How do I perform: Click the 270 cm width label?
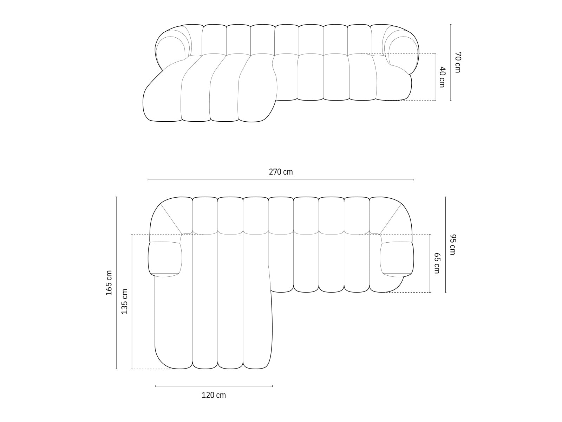[281, 172]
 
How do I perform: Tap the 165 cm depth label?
[109, 283]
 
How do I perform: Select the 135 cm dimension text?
[124, 301]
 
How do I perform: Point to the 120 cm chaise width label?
[214, 395]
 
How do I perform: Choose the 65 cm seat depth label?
[437, 263]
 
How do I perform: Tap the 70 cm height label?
[457, 62]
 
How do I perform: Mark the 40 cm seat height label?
[442, 77]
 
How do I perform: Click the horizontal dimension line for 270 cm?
[281, 180]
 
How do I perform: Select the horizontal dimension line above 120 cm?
[214, 386]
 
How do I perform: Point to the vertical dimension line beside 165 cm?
[116, 283]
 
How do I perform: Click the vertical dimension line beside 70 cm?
[451, 62]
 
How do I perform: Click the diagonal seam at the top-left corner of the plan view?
[171, 218]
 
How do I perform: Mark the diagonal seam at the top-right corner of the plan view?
[391, 218]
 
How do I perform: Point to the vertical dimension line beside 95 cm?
[445, 244]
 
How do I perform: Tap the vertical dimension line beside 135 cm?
[132, 301]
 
